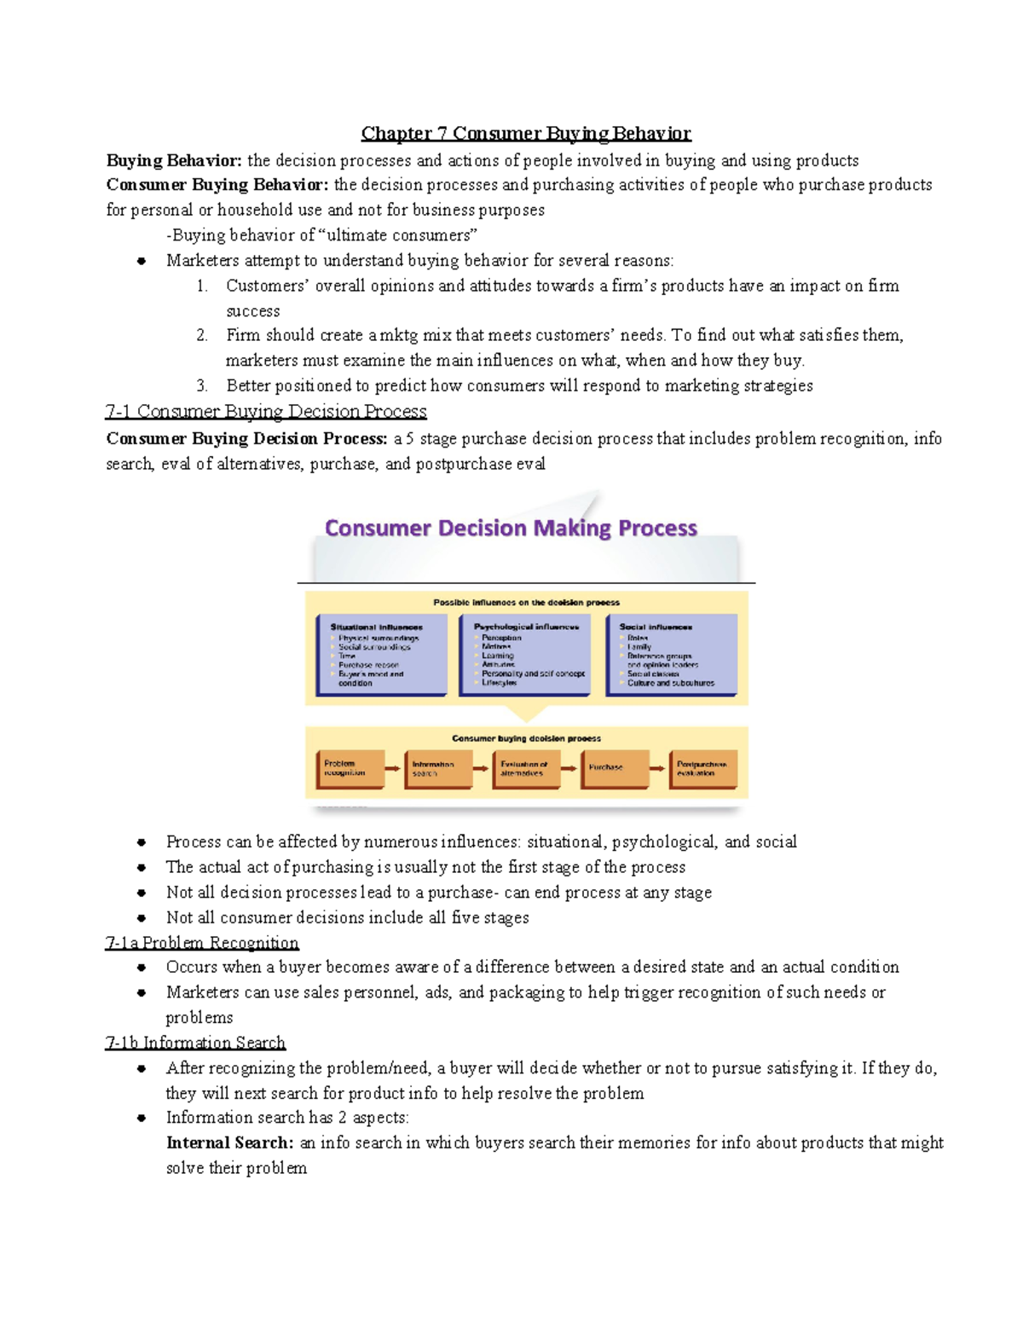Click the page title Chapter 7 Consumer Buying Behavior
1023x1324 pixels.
[x=525, y=133]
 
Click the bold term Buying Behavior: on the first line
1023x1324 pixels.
[x=174, y=160]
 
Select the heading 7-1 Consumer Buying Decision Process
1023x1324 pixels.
[x=266, y=412]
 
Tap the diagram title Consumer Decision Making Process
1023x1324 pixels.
[x=511, y=529]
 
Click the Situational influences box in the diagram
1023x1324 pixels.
[x=381, y=655]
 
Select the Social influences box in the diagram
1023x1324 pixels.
[x=671, y=655]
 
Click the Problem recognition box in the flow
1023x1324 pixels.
[x=350, y=768]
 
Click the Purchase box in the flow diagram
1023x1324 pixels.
[x=614, y=768]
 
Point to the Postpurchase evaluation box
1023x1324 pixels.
[x=702, y=768]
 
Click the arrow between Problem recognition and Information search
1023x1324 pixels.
[x=393, y=768]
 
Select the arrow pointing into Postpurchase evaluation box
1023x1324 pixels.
[x=657, y=768]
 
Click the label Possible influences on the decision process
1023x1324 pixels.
[x=526, y=602]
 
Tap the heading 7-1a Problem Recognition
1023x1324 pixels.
[x=202, y=943]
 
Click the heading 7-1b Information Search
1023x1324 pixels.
[x=195, y=1043]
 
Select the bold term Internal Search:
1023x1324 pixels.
[x=230, y=1142]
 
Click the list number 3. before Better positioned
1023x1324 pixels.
[x=202, y=386]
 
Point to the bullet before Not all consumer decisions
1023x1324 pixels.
[x=142, y=918]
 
